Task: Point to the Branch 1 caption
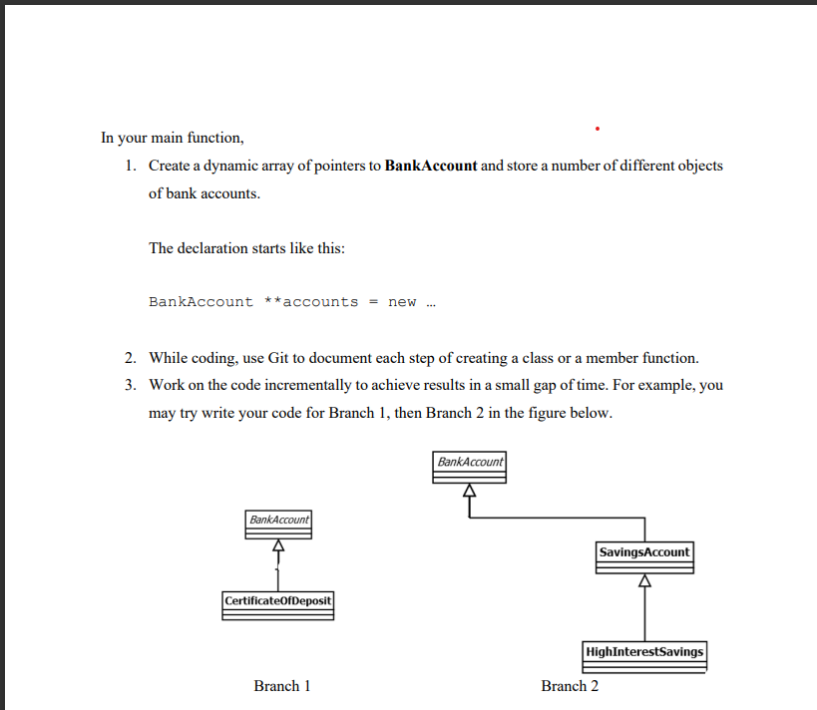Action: tap(282, 686)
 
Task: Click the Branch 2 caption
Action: tap(570, 686)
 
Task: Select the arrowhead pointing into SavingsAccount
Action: tap(644, 580)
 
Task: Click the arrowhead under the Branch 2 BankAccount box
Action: tap(469, 491)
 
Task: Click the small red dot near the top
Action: tap(597, 129)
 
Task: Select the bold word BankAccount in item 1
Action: tap(430, 166)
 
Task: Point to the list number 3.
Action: tap(131, 385)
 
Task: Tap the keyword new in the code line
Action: tap(402, 302)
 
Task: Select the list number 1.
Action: tap(131, 166)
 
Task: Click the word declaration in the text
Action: tap(214, 248)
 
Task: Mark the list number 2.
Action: tap(131, 357)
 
